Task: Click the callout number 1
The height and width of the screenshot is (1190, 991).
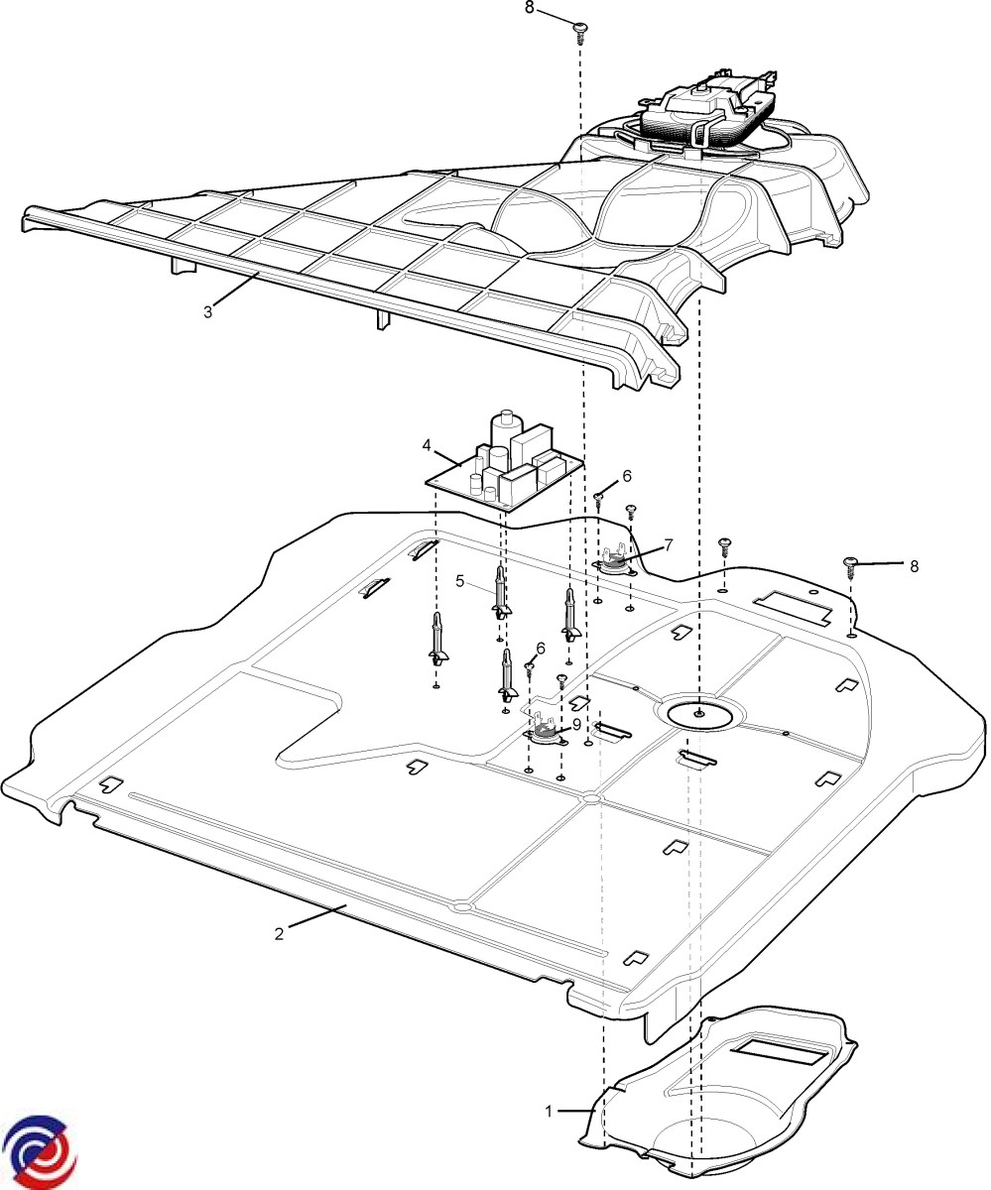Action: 549,1112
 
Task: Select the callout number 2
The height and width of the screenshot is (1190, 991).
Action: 280,933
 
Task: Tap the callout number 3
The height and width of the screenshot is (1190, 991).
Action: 208,311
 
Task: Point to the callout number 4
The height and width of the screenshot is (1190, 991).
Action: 427,445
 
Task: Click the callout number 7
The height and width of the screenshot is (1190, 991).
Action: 669,544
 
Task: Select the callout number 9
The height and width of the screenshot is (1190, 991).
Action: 577,724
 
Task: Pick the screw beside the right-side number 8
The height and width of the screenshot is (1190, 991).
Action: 850,565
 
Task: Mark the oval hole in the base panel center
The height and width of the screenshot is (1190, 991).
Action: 700,713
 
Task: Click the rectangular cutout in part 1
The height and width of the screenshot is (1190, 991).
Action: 781,1050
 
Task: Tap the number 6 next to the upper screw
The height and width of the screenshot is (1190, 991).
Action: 626,476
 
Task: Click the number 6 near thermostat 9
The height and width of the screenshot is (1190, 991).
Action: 541,648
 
